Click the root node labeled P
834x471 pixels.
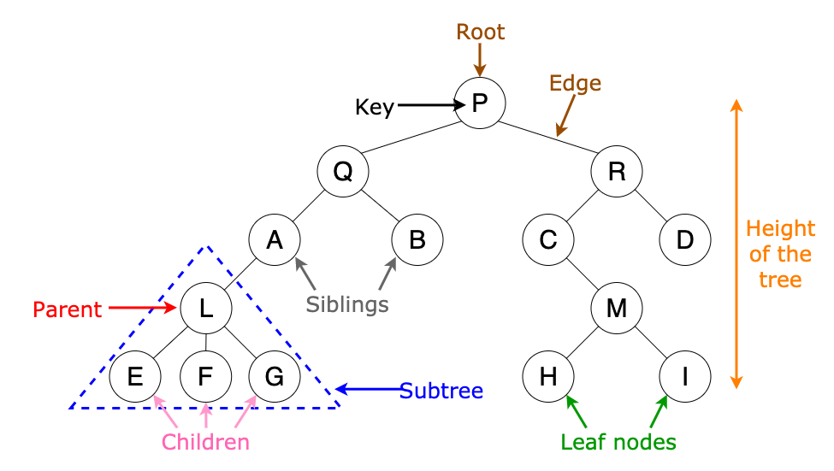pos(480,103)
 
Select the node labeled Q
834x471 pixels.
pos(342,172)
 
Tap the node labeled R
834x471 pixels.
pos(617,172)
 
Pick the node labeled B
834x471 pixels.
pos(417,240)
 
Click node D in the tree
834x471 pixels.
pos(685,240)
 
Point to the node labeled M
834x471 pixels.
pos(617,308)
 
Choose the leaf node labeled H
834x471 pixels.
pos(548,376)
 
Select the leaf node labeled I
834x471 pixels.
pos(685,376)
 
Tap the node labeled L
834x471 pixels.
pos(205,308)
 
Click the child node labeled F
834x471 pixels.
pos(205,376)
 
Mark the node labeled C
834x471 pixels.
pos(548,240)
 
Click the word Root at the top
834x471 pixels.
pos(480,32)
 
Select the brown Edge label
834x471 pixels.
pos(575,84)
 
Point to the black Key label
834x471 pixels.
pos(375,107)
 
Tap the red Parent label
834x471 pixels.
pos(68,309)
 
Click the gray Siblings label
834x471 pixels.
pos(347,303)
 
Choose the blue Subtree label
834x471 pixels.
pos(441,392)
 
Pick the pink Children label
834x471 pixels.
pos(206,442)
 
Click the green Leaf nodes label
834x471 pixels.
pos(618,442)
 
